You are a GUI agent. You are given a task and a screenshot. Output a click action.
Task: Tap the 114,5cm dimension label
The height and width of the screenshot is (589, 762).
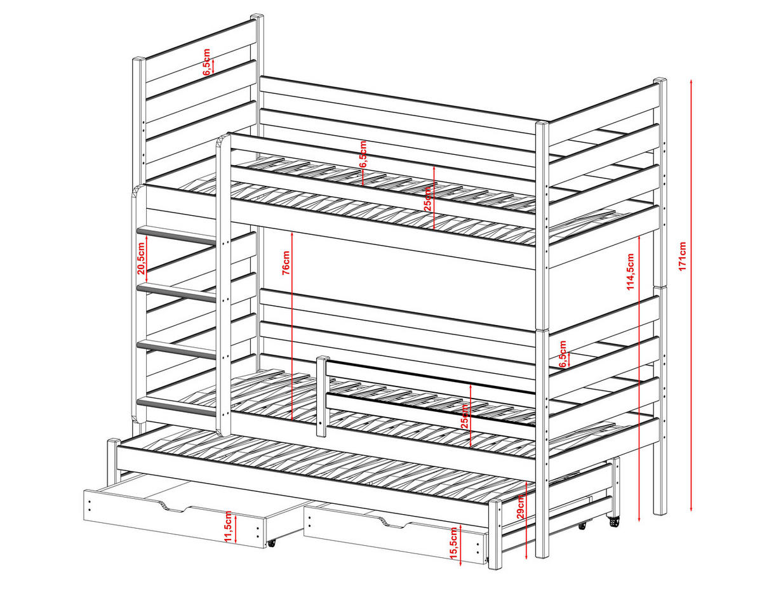point(631,272)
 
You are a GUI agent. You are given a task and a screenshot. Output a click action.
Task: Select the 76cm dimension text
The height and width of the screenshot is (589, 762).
point(286,261)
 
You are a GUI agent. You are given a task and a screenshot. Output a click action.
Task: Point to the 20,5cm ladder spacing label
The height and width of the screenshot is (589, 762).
point(141,257)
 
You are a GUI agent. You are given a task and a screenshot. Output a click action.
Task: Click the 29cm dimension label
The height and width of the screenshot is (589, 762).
point(521,506)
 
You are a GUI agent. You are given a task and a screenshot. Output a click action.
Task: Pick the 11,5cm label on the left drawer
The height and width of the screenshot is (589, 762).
point(227,526)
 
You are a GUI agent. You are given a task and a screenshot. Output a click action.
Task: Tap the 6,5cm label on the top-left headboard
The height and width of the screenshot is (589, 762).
point(206,62)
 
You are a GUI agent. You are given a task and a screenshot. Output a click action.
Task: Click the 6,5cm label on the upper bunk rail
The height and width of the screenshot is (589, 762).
point(363,154)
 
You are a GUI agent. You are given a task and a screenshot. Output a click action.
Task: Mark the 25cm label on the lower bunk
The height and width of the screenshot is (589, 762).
point(465,415)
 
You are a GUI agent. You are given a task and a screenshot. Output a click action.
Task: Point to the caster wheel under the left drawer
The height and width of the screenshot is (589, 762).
point(272,544)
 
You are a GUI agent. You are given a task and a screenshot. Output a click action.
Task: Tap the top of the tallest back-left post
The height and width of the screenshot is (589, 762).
point(257,17)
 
